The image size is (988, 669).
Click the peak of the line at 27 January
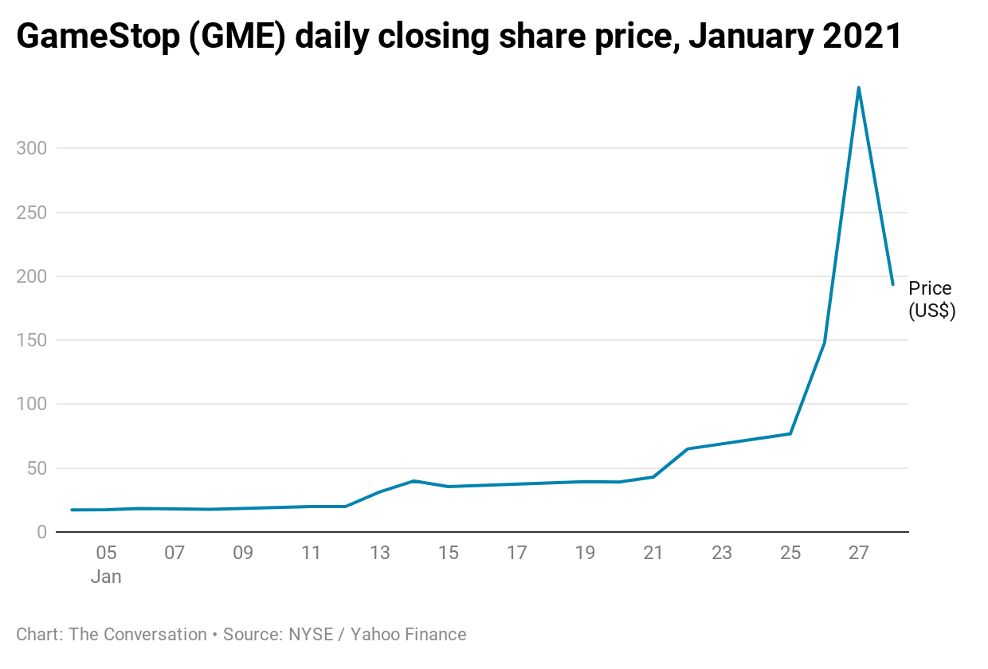click(858, 88)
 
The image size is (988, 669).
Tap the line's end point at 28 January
click(892, 284)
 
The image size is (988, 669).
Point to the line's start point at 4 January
click(72, 510)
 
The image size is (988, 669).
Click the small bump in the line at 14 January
click(414, 481)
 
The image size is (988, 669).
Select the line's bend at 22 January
click(688, 449)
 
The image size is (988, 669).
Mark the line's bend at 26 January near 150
click(824, 342)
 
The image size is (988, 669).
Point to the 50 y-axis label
click(36, 468)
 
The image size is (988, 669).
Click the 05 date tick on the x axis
click(106, 554)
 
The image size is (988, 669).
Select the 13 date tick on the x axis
click(379, 554)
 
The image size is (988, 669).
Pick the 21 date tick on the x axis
click(653, 554)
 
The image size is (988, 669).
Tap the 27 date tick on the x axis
click(858, 554)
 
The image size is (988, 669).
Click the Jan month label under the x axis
click(106, 577)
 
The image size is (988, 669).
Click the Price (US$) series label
click(931, 300)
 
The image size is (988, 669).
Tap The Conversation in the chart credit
click(138, 635)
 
